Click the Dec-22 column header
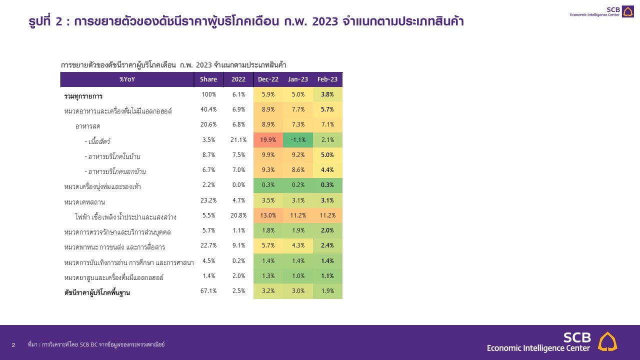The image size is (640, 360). tap(268, 79)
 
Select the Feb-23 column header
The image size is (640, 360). tap(327, 79)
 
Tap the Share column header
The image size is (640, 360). tap(208, 79)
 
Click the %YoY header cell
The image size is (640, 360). tap(127, 79)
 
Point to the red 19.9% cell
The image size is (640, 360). tap(268, 140)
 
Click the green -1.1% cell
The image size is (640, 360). tap(298, 140)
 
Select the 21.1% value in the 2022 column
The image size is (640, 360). tap(238, 140)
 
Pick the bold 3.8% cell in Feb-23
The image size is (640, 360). tap(327, 94)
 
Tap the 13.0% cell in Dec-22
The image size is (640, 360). tap(268, 216)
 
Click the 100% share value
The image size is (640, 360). tap(208, 94)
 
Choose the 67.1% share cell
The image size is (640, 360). tap(208, 291)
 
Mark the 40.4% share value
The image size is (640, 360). tap(208, 109)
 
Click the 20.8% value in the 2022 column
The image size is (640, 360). tap(238, 216)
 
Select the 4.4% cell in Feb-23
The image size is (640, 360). tap(327, 170)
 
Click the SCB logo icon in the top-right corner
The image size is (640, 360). tap(627, 11)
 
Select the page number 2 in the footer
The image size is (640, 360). tap(13, 345)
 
